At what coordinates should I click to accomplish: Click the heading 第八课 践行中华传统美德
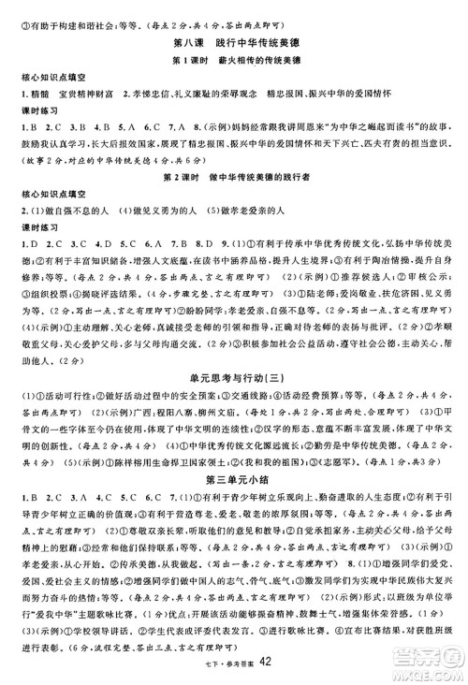pyautogui.click(x=234, y=41)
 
